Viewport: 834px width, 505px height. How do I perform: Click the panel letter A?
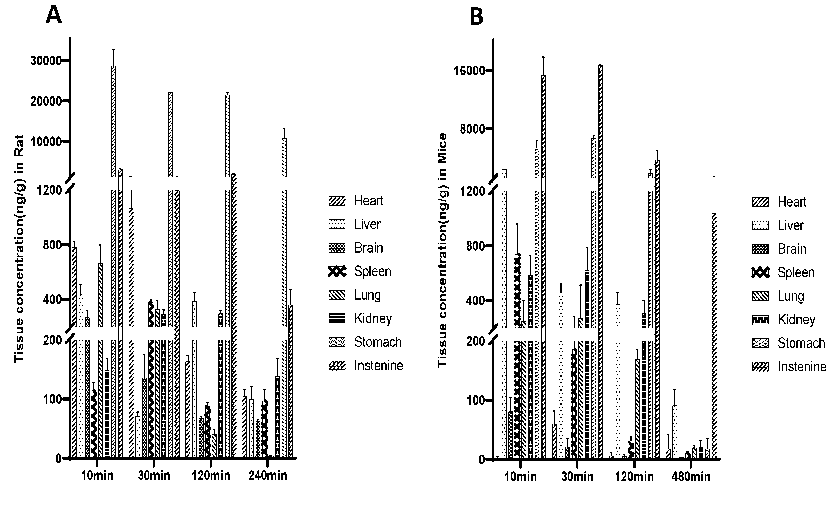point(54,15)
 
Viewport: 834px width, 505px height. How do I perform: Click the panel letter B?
point(477,17)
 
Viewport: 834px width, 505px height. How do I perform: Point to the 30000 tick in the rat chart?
point(46,61)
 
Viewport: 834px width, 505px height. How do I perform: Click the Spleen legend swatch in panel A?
point(337,272)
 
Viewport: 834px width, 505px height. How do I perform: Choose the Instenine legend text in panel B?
point(802,367)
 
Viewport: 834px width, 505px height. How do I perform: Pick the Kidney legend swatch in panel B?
point(760,320)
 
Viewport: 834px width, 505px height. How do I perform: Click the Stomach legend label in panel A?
point(378,342)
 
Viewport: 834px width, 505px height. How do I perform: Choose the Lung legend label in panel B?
point(790,296)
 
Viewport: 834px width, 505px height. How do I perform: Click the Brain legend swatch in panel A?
point(337,248)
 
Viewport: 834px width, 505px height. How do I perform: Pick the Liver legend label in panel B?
point(790,225)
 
